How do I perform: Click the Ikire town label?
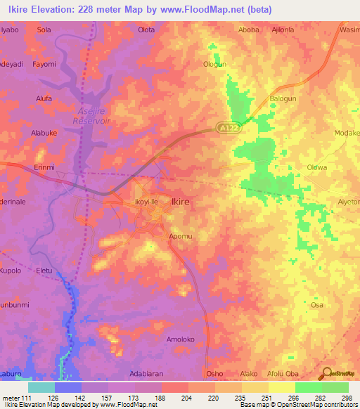[181, 202]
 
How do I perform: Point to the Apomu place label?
[180, 237]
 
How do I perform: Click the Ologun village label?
[215, 65]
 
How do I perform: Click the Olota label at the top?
[146, 30]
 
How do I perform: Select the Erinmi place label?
[44, 167]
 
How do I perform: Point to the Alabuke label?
[44, 132]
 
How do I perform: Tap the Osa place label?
[316, 305]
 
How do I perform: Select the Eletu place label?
[44, 270]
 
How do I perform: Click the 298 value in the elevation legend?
[347, 398]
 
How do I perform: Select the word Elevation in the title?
[58, 9]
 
